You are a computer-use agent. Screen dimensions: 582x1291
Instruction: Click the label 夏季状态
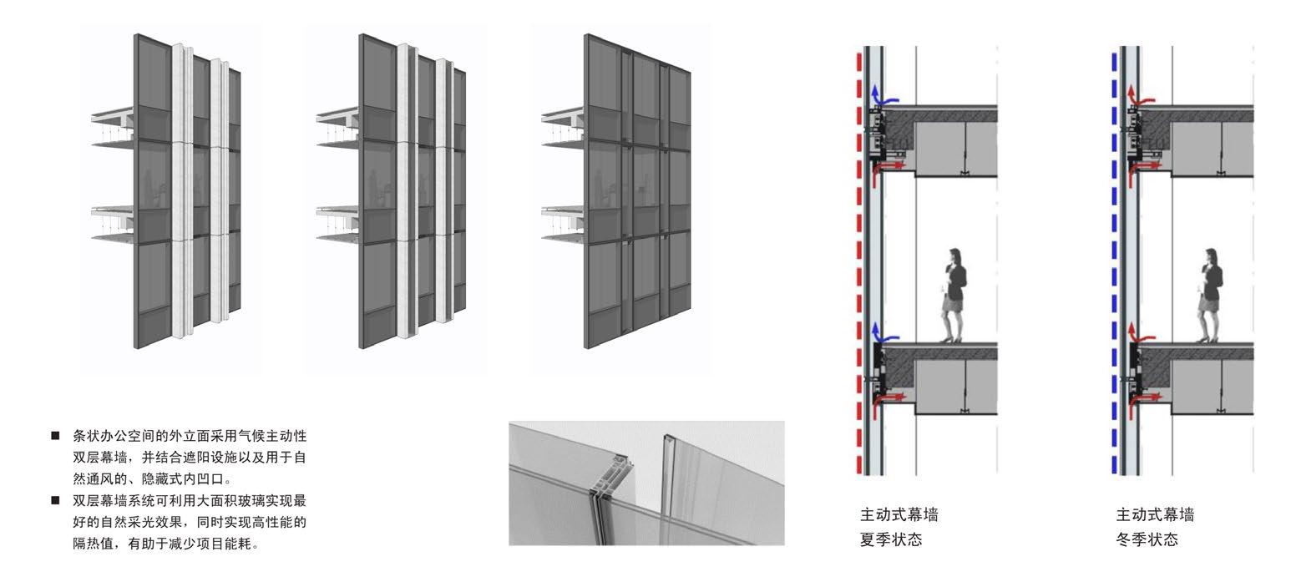click(x=891, y=539)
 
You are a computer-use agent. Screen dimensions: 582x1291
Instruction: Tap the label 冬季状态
click(x=1147, y=539)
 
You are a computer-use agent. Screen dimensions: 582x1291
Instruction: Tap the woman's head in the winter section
click(x=1210, y=256)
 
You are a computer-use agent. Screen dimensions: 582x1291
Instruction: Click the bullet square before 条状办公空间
click(x=55, y=436)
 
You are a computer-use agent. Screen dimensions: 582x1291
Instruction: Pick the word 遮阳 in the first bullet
click(x=189, y=458)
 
